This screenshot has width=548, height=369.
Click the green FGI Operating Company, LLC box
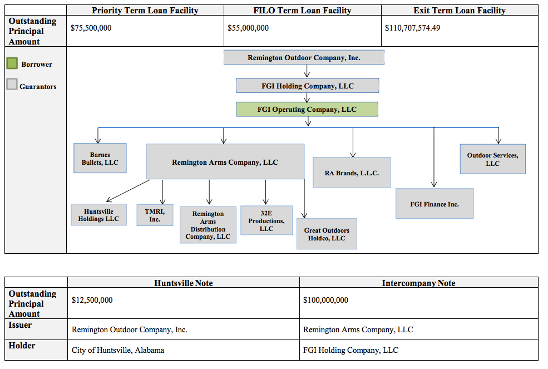click(x=307, y=109)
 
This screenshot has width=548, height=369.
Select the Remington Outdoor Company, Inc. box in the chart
click(x=304, y=57)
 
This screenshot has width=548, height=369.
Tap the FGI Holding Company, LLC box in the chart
click(x=308, y=85)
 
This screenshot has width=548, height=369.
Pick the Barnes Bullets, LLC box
click(x=100, y=158)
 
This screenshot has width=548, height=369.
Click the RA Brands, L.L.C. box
click(x=352, y=173)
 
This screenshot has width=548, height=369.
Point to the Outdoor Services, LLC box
click(x=493, y=159)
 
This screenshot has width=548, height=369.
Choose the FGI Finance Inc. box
click(x=435, y=204)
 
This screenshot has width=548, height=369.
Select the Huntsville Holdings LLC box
click(x=98, y=215)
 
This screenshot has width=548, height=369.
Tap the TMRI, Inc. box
click(x=155, y=215)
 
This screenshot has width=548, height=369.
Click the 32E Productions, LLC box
click(x=266, y=220)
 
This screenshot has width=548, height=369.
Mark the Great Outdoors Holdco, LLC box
click(x=327, y=234)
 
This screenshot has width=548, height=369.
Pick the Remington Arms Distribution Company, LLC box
click(x=208, y=225)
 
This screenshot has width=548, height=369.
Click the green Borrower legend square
click(x=12, y=63)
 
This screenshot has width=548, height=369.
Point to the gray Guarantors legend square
click(x=12, y=84)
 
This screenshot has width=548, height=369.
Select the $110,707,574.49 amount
click(x=412, y=28)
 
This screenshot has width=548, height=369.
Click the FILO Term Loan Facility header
click(x=302, y=11)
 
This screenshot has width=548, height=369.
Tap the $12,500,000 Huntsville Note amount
click(x=92, y=300)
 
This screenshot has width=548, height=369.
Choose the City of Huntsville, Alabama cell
click(x=118, y=350)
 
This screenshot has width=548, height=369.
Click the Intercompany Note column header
click(x=418, y=283)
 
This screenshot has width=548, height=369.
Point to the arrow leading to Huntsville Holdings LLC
click(x=129, y=190)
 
